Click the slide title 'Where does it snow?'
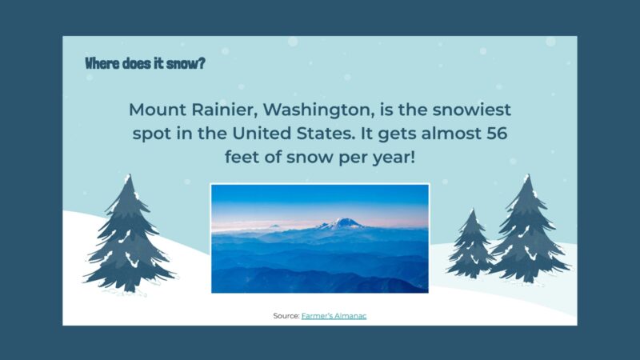144,63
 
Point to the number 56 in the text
491,133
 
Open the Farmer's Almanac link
334,316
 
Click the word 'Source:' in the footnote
286,316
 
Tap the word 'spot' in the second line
153,133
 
